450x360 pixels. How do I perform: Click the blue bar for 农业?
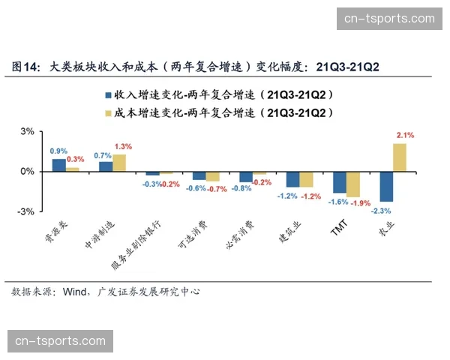(386, 187)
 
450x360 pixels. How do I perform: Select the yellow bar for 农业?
(400, 157)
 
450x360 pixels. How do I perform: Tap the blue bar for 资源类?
(58, 165)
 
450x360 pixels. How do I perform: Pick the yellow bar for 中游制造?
(119, 163)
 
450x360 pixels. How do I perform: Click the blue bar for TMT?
(339, 182)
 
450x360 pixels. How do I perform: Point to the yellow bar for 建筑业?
(306, 179)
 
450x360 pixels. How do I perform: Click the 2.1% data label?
(405, 135)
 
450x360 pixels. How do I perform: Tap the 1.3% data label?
(123, 146)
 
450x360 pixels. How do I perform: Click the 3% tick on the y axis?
(28, 131)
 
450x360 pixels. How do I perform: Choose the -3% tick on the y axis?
(26, 212)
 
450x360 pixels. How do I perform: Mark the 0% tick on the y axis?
(28, 172)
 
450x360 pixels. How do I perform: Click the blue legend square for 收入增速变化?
(107, 96)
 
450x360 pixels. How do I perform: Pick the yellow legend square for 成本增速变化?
(107, 113)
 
